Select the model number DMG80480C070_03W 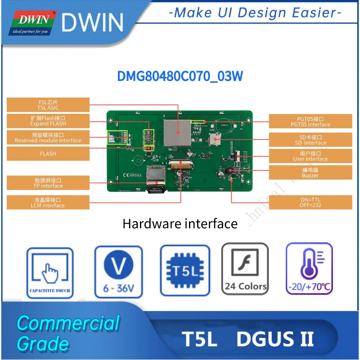pyautogui.click(x=180, y=76)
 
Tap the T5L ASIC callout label pyautogui.click(x=48, y=105)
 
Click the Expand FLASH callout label pyautogui.click(x=48, y=121)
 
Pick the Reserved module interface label pyautogui.click(x=48, y=138)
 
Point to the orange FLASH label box pyautogui.click(x=48, y=153)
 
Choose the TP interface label pyautogui.click(x=48, y=183)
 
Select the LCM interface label pyautogui.click(x=48, y=202)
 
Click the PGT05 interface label pyautogui.click(x=310, y=121)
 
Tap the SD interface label pyautogui.click(x=310, y=140)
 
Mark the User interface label pyautogui.click(x=310, y=156)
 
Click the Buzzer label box pyautogui.click(x=310, y=173)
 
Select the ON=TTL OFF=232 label pyautogui.click(x=310, y=202)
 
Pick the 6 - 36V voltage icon pyautogui.click(x=118, y=272)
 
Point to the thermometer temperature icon pyautogui.click(x=309, y=269)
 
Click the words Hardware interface pyautogui.click(x=180, y=223)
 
